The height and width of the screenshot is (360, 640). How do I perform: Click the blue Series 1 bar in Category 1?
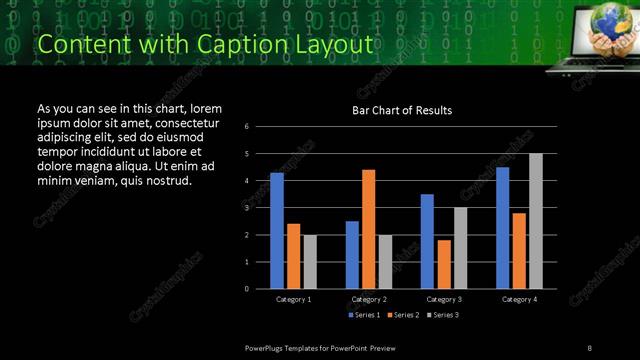(x=276, y=231)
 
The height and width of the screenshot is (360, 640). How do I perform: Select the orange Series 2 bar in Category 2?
(x=368, y=229)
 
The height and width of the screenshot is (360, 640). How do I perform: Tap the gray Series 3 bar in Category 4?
(x=536, y=221)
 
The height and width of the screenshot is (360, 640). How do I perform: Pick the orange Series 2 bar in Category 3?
(x=443, y=264)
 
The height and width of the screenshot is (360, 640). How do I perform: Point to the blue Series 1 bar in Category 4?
(x=502, y=228)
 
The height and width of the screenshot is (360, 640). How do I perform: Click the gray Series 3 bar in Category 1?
(x=310, y=262)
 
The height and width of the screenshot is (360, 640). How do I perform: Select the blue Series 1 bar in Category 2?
(x=352, y=255)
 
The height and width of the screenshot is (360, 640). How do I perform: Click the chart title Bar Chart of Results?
(x=402, y=110)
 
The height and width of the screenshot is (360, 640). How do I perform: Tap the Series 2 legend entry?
(x=402, y=315)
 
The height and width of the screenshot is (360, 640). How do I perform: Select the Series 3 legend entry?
(x=442, y=315)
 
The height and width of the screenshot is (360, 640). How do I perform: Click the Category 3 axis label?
(x=443, y=299)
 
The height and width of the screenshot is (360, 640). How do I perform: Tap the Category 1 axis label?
(x=293, y=299)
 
